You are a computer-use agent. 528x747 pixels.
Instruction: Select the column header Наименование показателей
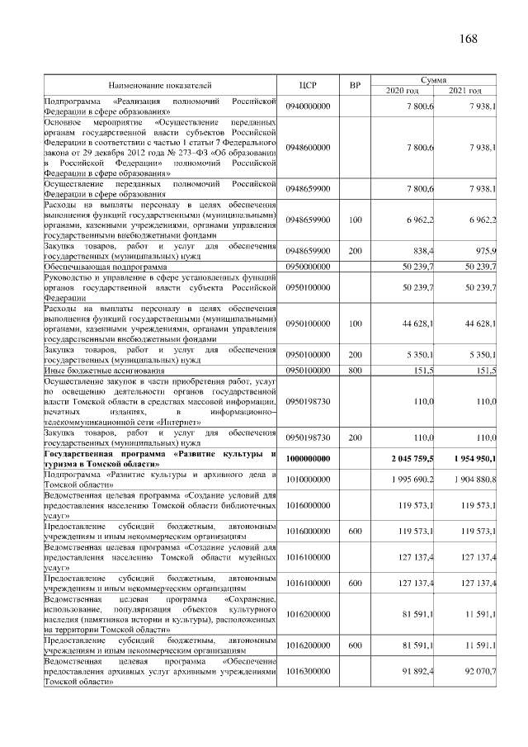click(x=160, y=84)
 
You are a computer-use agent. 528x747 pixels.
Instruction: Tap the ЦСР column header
click(x=309, y=84)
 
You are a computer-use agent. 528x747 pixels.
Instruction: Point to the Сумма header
click(x=434, y=79)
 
